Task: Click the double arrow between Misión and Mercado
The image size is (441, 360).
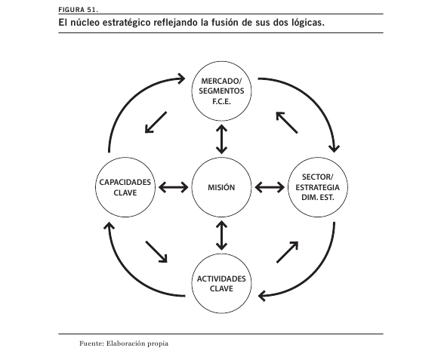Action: pyautogui.click(x=221, y=139)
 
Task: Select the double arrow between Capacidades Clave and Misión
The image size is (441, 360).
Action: pyautogui.click(x=174, y=187)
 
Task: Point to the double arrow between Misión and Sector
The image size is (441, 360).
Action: pyautogui.click(x=270, y=187)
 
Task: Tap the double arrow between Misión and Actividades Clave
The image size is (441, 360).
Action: pyautogui.click(x=221, y=235)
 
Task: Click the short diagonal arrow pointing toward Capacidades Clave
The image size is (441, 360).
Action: pyautogui.click(x=156, y=122)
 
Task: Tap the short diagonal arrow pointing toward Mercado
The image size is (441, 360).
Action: pyautogui.click(x=287, y=122)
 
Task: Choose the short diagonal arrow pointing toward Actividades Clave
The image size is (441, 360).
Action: pyautogui.click(x=156, y=252)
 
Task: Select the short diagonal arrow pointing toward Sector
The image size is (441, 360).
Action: pyautogui.click(x=288, y=252)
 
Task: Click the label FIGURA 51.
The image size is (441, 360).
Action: pyautogui.click(x=79, y=10)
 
